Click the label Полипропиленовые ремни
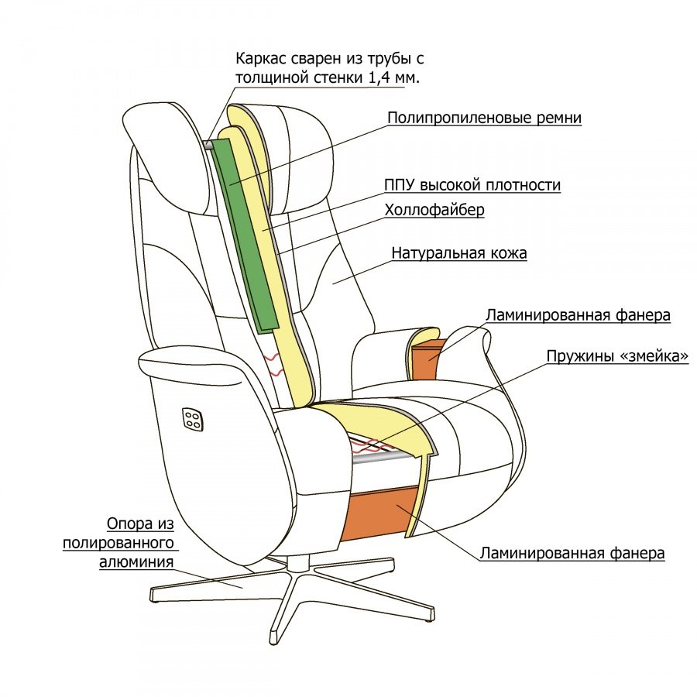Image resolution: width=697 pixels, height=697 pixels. click(x=484, y=118)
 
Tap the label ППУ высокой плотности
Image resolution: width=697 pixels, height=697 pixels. click(x=472, y=184)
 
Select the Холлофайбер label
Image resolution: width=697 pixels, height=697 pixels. click(x=434, y=210)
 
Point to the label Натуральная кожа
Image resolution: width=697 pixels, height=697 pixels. click(x=459, y=252)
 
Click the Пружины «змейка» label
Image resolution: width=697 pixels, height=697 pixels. click(x=617, y=356)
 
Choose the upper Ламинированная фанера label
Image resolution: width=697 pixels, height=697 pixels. click(x=578, y=315)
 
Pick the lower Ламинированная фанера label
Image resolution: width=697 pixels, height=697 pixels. click(x=572, y=553)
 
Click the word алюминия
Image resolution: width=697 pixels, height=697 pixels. click(x=136, y=562)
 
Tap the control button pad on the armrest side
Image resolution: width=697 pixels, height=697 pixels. click(x=193, y=419)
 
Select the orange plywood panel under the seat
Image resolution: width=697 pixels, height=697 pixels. click(x=379, y=515)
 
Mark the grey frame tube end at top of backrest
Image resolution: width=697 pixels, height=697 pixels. click(x=208, y=146)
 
